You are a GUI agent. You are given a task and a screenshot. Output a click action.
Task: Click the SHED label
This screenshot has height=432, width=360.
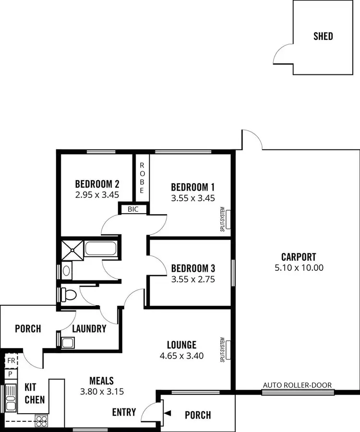pyautogui.click(x=323, y=36)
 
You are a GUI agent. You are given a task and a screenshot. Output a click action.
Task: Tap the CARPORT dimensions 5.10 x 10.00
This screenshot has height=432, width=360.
pyautogui.click(x=299, y=268)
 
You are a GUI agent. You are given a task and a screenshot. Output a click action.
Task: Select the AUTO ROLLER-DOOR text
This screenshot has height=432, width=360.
pyautogui.click(x=297, y=385)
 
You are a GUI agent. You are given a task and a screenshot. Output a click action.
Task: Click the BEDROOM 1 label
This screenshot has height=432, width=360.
pyautogui.click(x=192, y=187)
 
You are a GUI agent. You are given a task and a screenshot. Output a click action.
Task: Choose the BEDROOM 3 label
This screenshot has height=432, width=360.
pyautogui.click(x=192, y=267)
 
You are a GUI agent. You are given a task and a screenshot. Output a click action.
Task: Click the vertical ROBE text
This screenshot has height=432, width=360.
pyautogui.click(x=142, y=178)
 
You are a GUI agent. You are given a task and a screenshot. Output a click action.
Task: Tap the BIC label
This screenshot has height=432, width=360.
pyautogui.click(x=133, y=209)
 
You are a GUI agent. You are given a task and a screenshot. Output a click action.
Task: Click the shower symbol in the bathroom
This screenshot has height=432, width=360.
pyautogui.click(x=71, y=250)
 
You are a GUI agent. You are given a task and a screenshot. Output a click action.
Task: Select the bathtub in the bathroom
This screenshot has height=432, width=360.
pyautogui.click(x=100, y=249)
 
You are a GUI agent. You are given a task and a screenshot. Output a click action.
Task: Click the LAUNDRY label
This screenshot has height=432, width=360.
pyautogui.click(x=89, y=329)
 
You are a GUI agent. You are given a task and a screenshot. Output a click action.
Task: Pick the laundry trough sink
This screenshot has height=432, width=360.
pyautogui.click(x=68, y=342)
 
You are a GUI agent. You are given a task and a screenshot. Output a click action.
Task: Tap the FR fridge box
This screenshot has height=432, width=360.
pyautogui.click(x=11, y=360)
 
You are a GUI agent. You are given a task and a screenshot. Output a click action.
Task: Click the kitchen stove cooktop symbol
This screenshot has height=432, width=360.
pyautogui.click(x=41, y=421)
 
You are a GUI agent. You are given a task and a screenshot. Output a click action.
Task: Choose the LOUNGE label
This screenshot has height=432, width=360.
pyautogui.click(x=181, y=345)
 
